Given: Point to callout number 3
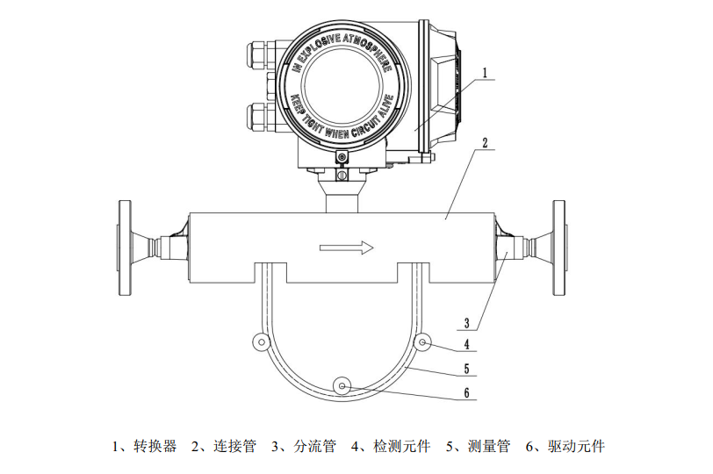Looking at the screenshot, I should [x=470, y=321].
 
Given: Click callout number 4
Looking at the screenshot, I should [x=470, y=344].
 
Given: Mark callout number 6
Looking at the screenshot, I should [x=470, y=393].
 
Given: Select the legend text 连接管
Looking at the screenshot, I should [x=234, y=446].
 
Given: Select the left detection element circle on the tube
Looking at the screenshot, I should [x=258, y=341].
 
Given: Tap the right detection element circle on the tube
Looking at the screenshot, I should [x=424, y=341].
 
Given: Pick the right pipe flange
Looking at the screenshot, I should [x=558, y=248].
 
